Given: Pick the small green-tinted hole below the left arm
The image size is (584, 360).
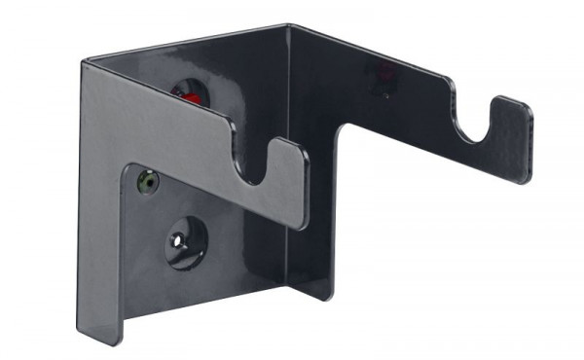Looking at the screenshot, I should click(x=148, y=180).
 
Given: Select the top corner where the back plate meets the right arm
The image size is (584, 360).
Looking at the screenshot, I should click(x=288, y=26).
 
